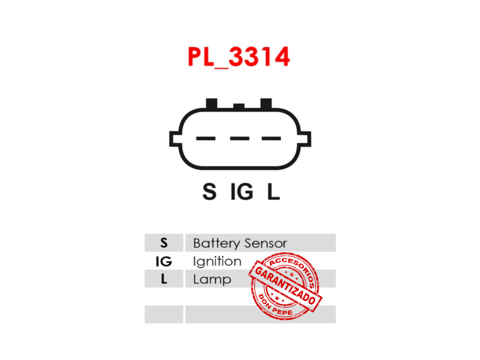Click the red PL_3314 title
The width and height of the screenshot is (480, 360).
coord(238,57)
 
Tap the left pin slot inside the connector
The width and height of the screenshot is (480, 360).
coord(205,138)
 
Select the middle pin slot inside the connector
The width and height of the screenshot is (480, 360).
coord(240,138)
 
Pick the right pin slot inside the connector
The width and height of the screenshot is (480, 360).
coord(271,138)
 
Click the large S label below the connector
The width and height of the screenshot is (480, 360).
coord(209,192)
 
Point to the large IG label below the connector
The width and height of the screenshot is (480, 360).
coord(241,192)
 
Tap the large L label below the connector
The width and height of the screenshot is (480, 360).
coord(273,192)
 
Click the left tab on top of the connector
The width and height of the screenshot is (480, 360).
coord(211,103)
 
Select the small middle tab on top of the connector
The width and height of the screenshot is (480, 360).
coord(239,106)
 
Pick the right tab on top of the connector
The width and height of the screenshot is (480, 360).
coord(266,103)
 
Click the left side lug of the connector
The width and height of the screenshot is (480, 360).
coord(175,139)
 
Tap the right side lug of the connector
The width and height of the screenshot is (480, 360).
coord(306,139)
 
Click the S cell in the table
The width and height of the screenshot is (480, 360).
coord(164,243)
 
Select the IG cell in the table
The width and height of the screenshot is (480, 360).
coord(164,261)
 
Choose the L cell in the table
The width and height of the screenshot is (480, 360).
coord(164,279)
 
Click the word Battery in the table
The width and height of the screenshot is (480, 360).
coord(216,243)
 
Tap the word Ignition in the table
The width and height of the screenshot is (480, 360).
coord(217,261)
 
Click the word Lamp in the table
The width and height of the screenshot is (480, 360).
coord(212,280)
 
